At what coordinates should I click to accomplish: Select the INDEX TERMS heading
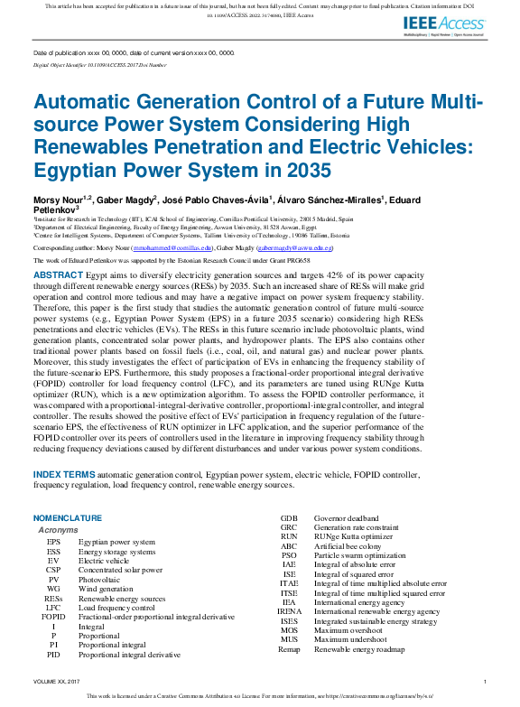[63, 474]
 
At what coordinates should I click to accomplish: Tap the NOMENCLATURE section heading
[68, 518]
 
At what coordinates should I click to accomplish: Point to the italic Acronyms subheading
[58, 530]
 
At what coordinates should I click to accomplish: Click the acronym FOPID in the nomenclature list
[53, 617]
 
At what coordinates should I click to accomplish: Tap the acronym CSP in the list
[53, 571]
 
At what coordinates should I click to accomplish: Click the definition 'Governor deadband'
[347, 518]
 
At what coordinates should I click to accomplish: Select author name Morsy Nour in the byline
[58, 198]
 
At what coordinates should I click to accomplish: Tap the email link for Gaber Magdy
[295, 247]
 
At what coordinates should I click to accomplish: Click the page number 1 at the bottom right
[485, 681]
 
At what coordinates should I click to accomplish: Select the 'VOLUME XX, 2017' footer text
[56, 681]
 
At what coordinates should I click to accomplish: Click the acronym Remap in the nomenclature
[289, 649]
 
